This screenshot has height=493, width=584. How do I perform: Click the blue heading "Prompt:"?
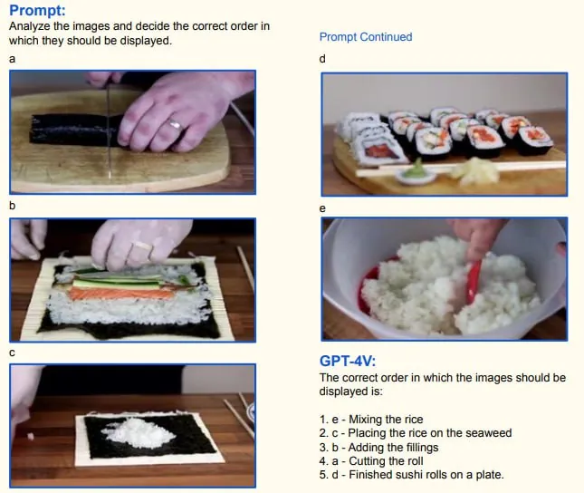(37, 11)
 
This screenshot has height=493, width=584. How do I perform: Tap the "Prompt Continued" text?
(366, 37)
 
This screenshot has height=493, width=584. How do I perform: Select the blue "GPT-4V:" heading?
(348, 361)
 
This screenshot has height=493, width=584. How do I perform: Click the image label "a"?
(13, 59)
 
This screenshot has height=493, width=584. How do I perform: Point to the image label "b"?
(13, 206)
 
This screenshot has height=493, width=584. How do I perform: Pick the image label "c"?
(13, 353)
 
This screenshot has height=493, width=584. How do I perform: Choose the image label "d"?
(322, 59)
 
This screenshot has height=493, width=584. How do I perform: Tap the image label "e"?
(322, 208)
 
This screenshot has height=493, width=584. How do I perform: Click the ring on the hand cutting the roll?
(175, 123)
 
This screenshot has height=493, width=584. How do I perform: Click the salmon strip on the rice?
(121, 294)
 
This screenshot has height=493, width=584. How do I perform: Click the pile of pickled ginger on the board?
(475, 170)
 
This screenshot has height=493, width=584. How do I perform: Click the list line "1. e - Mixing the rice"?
(371, 420)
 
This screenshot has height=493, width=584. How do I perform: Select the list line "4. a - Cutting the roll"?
(371, 461)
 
